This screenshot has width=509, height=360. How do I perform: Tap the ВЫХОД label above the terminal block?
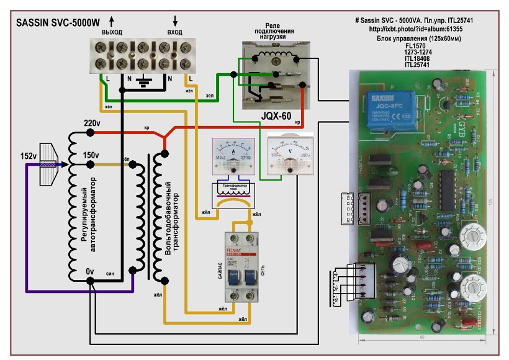pos(112,31)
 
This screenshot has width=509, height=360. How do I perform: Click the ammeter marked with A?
pos(231,155)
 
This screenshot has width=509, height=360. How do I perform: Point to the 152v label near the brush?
pos(14,155)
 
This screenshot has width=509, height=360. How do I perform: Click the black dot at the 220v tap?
pos(91,132)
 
